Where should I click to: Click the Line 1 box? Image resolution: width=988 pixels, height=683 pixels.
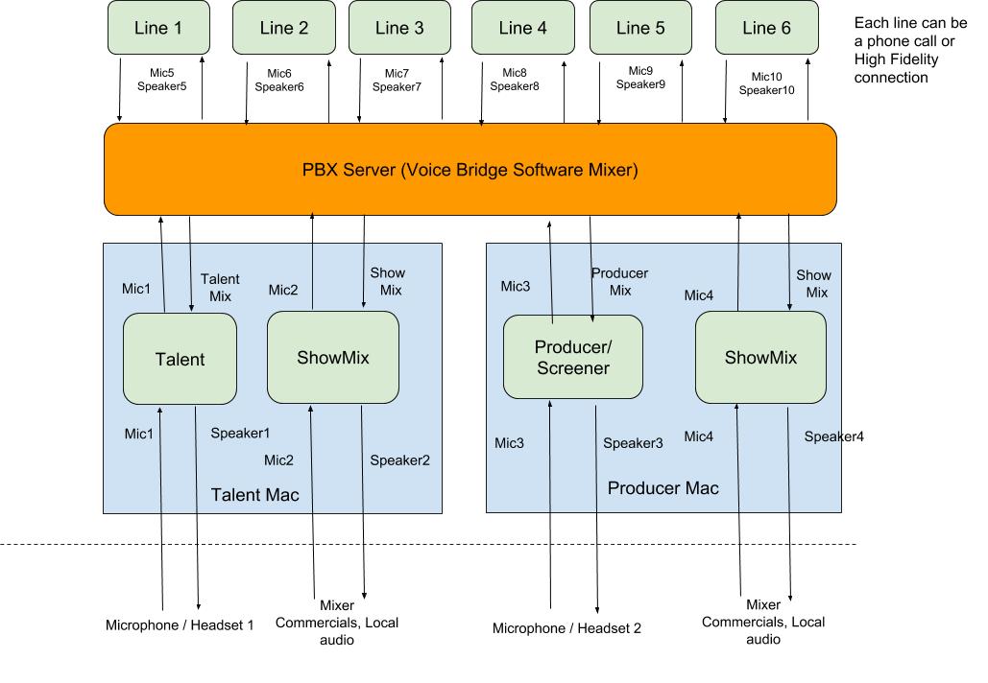[x=158, y=28]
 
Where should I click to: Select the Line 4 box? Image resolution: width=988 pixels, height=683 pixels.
[x=523, y=28]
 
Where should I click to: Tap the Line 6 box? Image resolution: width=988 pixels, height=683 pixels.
[x=767, y=28]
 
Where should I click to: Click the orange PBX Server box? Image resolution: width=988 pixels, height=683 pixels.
[x=470, y=170]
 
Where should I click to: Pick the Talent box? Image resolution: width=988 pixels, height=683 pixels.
[x=181, y=359]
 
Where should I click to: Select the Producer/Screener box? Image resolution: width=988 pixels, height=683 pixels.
[x=573, y=357]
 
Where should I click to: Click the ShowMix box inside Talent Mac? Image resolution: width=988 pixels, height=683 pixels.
[x=333, y=357]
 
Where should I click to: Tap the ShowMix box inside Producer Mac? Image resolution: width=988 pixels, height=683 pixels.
[x=760, y=357]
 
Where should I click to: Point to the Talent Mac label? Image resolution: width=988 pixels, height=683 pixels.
[x=254, y=495]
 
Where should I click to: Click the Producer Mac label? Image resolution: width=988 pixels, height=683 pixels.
[x=663, y=488]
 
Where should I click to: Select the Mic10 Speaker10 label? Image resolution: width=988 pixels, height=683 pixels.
[x=767, y=83]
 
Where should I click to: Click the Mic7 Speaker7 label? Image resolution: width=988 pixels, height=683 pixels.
[x=397, y=80]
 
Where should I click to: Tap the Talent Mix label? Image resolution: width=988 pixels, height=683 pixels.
[x=220, y=287]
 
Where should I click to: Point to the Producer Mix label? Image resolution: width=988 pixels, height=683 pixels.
[x=620, y=281]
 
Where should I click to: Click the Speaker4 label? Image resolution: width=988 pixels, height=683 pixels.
[x=833, y=436]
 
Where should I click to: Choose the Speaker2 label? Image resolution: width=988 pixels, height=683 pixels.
[x=399, y=460]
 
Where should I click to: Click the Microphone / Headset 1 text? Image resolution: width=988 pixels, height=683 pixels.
[x=180, y=625]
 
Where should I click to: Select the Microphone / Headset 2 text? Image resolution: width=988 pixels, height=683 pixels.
[x=566, y=628]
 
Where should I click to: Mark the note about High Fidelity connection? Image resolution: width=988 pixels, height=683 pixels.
[x=910, y=50]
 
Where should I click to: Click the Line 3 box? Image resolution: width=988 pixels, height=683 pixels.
[x=399, y=28]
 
